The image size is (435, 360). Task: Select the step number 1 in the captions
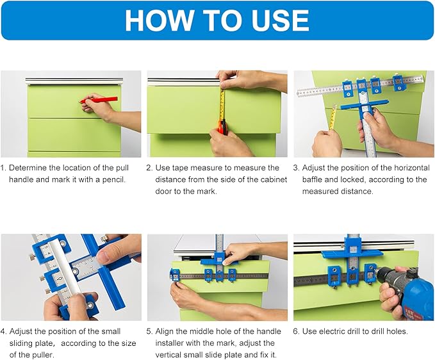click(3, 168)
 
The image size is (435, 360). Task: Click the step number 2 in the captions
click(149, 168)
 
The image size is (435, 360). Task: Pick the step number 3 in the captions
click(296, 168)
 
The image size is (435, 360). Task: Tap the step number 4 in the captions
click(3, 332)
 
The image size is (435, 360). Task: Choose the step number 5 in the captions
click(149, 332)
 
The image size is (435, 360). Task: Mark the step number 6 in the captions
click(296, 332)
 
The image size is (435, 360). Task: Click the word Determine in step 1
click(29, 168)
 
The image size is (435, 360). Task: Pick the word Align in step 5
click(166, 332)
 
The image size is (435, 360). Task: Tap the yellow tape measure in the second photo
click(222, 106)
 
